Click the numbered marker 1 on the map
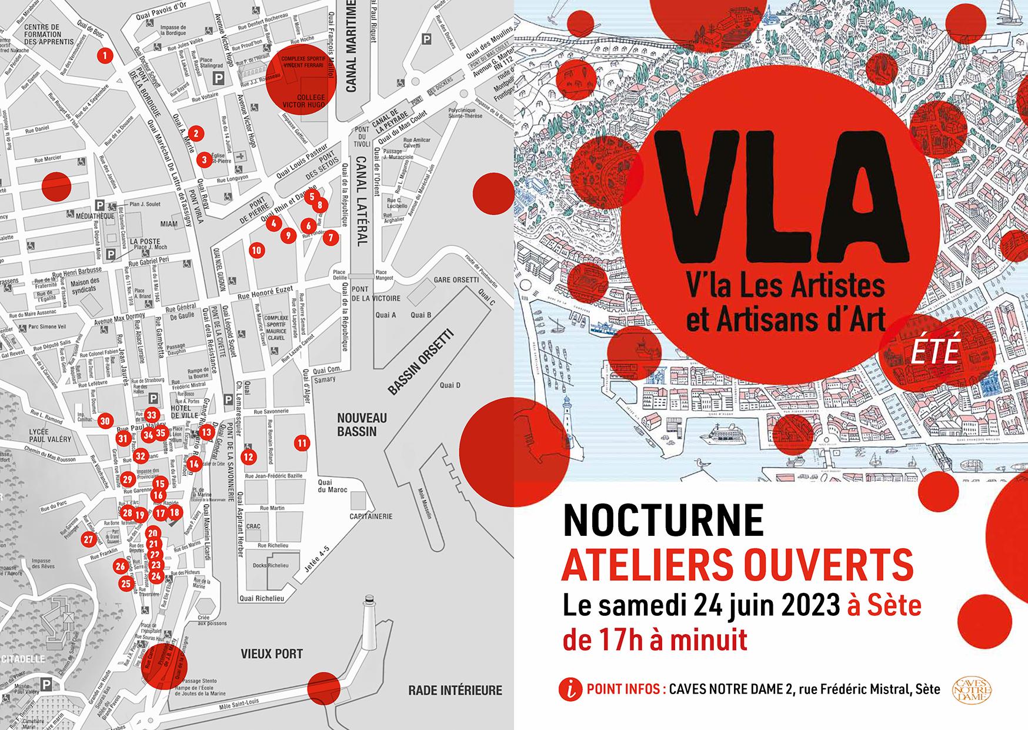click(105, 56)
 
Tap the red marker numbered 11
click(302, 443)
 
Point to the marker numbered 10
click(256, 250)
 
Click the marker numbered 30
click(105, 421)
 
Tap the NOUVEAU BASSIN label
click(362, 424)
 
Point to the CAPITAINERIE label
click(371, 516)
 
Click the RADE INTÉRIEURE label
click(455, 690)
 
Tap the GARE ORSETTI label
click(456, 279)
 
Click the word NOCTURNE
click(663, 520)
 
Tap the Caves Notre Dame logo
click(972, 689)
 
